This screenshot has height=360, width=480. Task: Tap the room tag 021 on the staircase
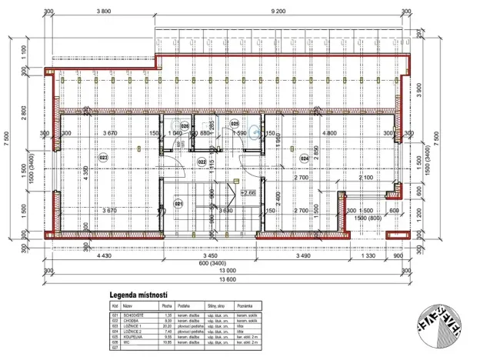coord(178,204)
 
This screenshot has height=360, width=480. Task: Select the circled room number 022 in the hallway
coord(201,162)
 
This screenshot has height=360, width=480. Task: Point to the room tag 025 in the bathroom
coord(235,123)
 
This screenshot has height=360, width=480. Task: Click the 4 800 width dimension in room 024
coord(331,134)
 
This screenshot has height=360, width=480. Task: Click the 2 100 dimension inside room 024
coord(365,177)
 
